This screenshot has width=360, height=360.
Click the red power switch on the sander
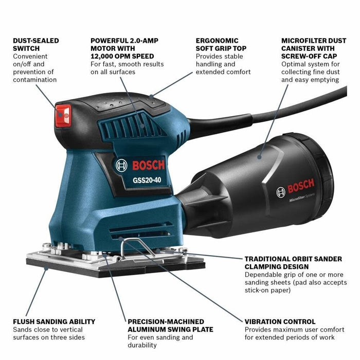(x=63, y=116)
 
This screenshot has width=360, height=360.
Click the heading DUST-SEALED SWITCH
(x=36, y=44)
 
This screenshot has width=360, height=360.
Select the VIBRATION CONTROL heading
(x=280, y=321)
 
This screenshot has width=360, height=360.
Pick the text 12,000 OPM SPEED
(x=122, y=56)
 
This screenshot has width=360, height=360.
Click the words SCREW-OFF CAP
(x=308, y=56)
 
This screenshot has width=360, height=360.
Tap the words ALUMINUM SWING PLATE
(x=170, y=329)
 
